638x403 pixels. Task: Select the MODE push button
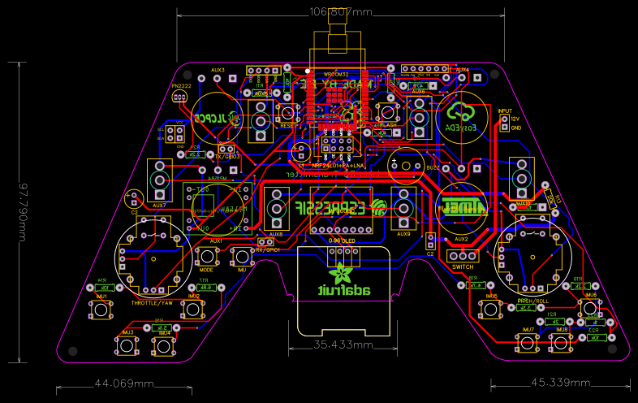(206, 257)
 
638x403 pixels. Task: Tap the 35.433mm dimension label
(343, 344)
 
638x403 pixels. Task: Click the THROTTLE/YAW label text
(152, 302)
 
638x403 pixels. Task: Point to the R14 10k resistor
(103, 288)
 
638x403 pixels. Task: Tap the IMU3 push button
(127, 346)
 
